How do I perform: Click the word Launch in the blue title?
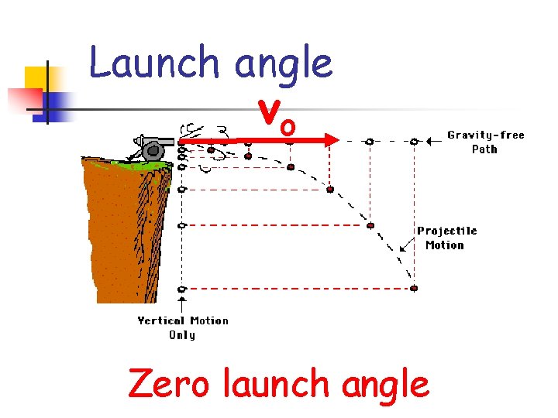pos(155,62)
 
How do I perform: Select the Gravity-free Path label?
pos(485,142)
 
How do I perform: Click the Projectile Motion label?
pos(446,238)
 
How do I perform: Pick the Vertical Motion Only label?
pos(183,327)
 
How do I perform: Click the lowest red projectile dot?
pos(414,288)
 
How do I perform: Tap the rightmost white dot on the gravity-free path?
pos(414,141)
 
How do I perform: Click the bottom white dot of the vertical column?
pos(181,289)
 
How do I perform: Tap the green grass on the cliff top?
pos(132,163)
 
